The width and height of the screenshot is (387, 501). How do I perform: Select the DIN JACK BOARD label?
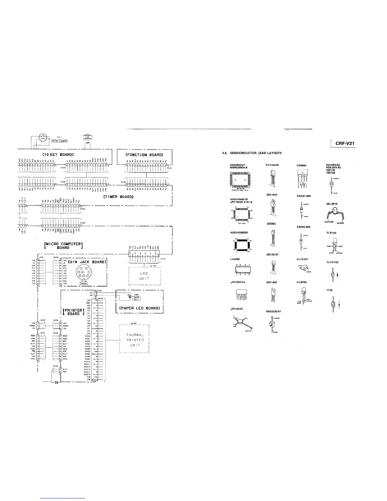click(88, 262)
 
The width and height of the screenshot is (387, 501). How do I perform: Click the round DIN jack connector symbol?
click(82, 271)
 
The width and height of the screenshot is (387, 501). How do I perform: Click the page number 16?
click(55, 382)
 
